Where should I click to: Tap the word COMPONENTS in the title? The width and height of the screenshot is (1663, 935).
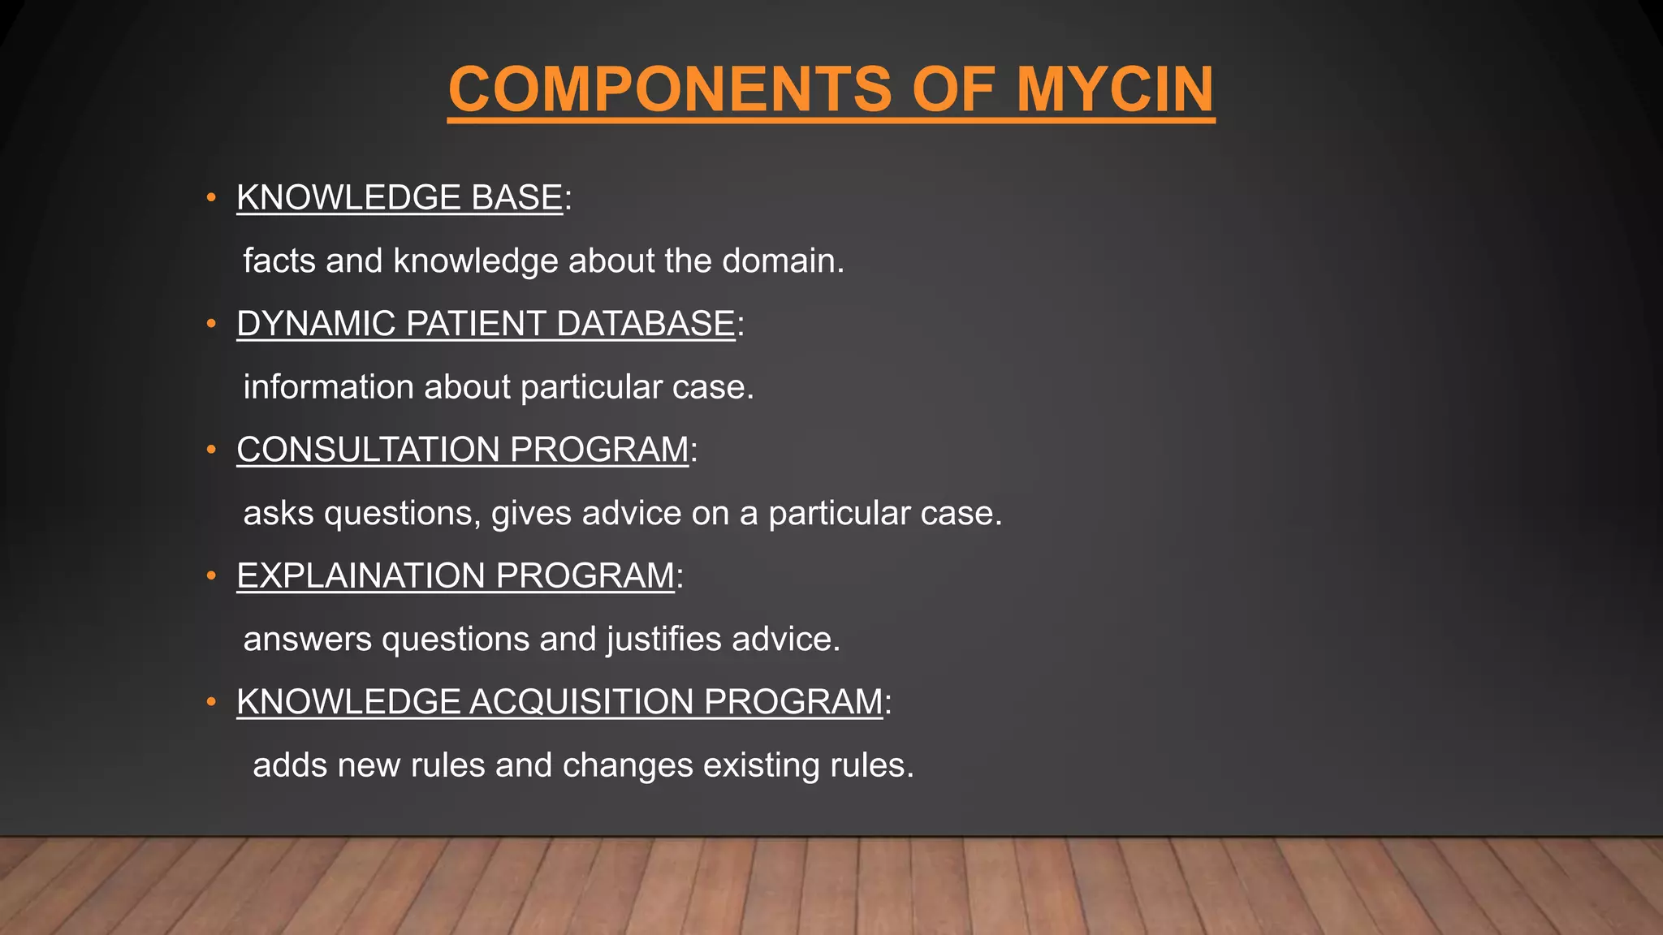(670, 89)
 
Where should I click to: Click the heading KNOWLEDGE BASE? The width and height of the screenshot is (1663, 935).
(400, 198)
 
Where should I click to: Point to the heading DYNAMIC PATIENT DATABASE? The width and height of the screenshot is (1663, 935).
(486, 324)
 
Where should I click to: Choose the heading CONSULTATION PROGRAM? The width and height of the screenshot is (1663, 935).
(463, 450)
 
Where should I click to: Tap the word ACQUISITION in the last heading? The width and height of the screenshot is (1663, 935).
(581, 702)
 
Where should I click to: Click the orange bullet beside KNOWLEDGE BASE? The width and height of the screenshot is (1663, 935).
(211, 198)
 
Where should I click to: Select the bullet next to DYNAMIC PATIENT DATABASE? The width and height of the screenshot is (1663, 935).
(211, 324)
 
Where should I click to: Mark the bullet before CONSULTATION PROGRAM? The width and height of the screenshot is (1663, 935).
(211, 450)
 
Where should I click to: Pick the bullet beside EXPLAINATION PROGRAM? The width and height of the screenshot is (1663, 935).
(211, 575)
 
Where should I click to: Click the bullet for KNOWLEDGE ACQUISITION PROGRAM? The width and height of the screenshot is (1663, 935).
(211, 702)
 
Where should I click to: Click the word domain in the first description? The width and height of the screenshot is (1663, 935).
(783, 261)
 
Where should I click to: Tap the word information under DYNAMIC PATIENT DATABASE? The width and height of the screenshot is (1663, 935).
(328, 387)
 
